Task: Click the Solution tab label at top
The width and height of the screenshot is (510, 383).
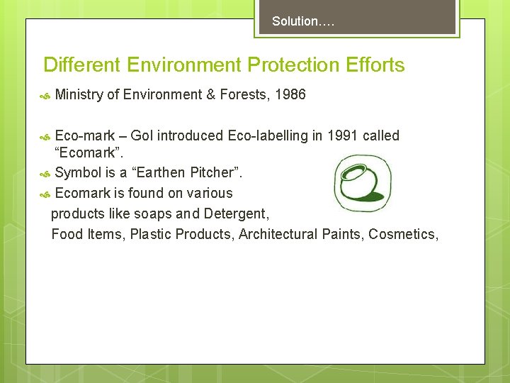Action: (302, 21)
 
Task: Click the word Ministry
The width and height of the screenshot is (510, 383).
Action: (79, 94)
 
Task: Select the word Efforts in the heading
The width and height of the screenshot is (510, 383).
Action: (376, 65)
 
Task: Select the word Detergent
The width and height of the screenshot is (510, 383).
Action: (235, 213)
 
